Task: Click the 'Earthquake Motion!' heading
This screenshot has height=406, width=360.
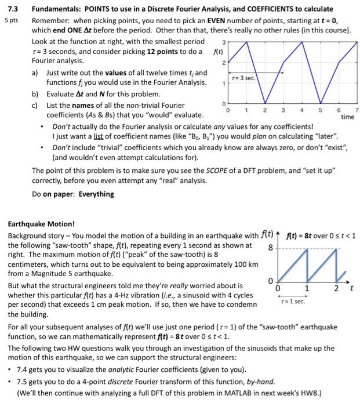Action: [41, 224]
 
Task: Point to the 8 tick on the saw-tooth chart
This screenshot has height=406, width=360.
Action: [269, 247]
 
